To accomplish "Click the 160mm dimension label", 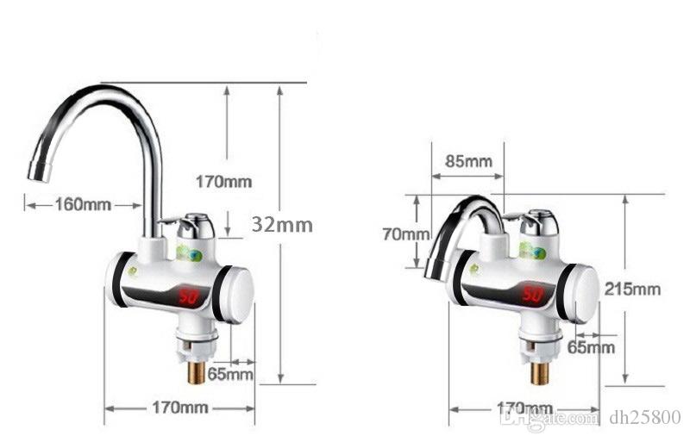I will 84,205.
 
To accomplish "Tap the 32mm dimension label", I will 282,224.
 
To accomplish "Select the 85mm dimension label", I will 468,161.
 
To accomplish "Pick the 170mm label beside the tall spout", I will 223,181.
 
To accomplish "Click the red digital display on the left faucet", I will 190,298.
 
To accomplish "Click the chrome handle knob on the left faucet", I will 197,226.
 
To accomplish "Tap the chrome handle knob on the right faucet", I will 540,221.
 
